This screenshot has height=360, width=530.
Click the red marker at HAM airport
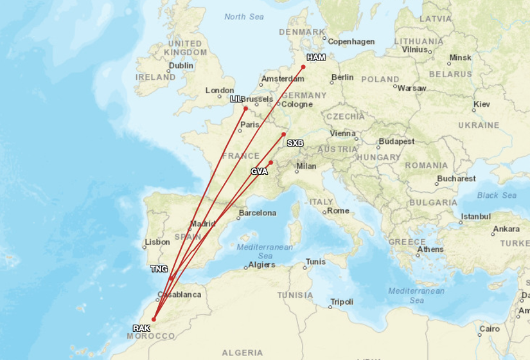click(303, 66)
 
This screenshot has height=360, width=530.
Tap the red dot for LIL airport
click(245, 108)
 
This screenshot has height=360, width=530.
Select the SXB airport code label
click(295, 143)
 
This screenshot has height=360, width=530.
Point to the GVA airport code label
click(260, 172)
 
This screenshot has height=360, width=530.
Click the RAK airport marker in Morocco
click(154, 319)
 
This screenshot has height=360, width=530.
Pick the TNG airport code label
click(158, 268)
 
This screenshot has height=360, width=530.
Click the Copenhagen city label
click(351, 42)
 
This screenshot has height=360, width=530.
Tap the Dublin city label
click(181, 66)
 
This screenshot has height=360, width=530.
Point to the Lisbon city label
click(157, 242)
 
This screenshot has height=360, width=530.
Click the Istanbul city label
click(475, 216)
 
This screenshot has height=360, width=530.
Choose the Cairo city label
click(489, 328)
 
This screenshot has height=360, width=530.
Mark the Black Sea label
click(497, 195)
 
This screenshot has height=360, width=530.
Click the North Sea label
click(244, 17)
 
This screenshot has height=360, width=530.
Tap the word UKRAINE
click(477, 125)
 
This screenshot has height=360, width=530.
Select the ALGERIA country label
click(242, 352)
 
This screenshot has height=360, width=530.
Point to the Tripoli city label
click(341, 301)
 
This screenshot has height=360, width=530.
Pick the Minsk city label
click(460, 58)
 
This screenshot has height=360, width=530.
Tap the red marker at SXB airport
click(283, 134)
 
